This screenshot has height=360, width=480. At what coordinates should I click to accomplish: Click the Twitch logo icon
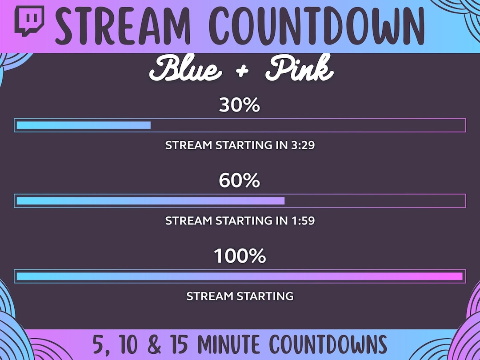click(x=29, y=21)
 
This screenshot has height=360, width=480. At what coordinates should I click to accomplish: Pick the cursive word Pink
click(x=300, y=71)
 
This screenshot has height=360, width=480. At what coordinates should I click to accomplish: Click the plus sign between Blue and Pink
click(x=242, y=72)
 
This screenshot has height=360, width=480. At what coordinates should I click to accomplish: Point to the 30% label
click(x=240, y=105)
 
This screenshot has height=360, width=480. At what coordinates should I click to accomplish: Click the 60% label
click(x=240, y=181)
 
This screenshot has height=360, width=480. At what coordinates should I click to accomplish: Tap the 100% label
click(x=240, y=256)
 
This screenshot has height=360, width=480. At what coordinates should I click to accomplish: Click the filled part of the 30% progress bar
click(x=84, y=125)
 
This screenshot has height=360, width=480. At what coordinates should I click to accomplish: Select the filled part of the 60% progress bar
click(x=150, y=201)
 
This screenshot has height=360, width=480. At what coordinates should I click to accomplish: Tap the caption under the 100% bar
click(x=240, y=296)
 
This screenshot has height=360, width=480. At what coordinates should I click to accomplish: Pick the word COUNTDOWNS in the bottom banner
click(x=328, y=345)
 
